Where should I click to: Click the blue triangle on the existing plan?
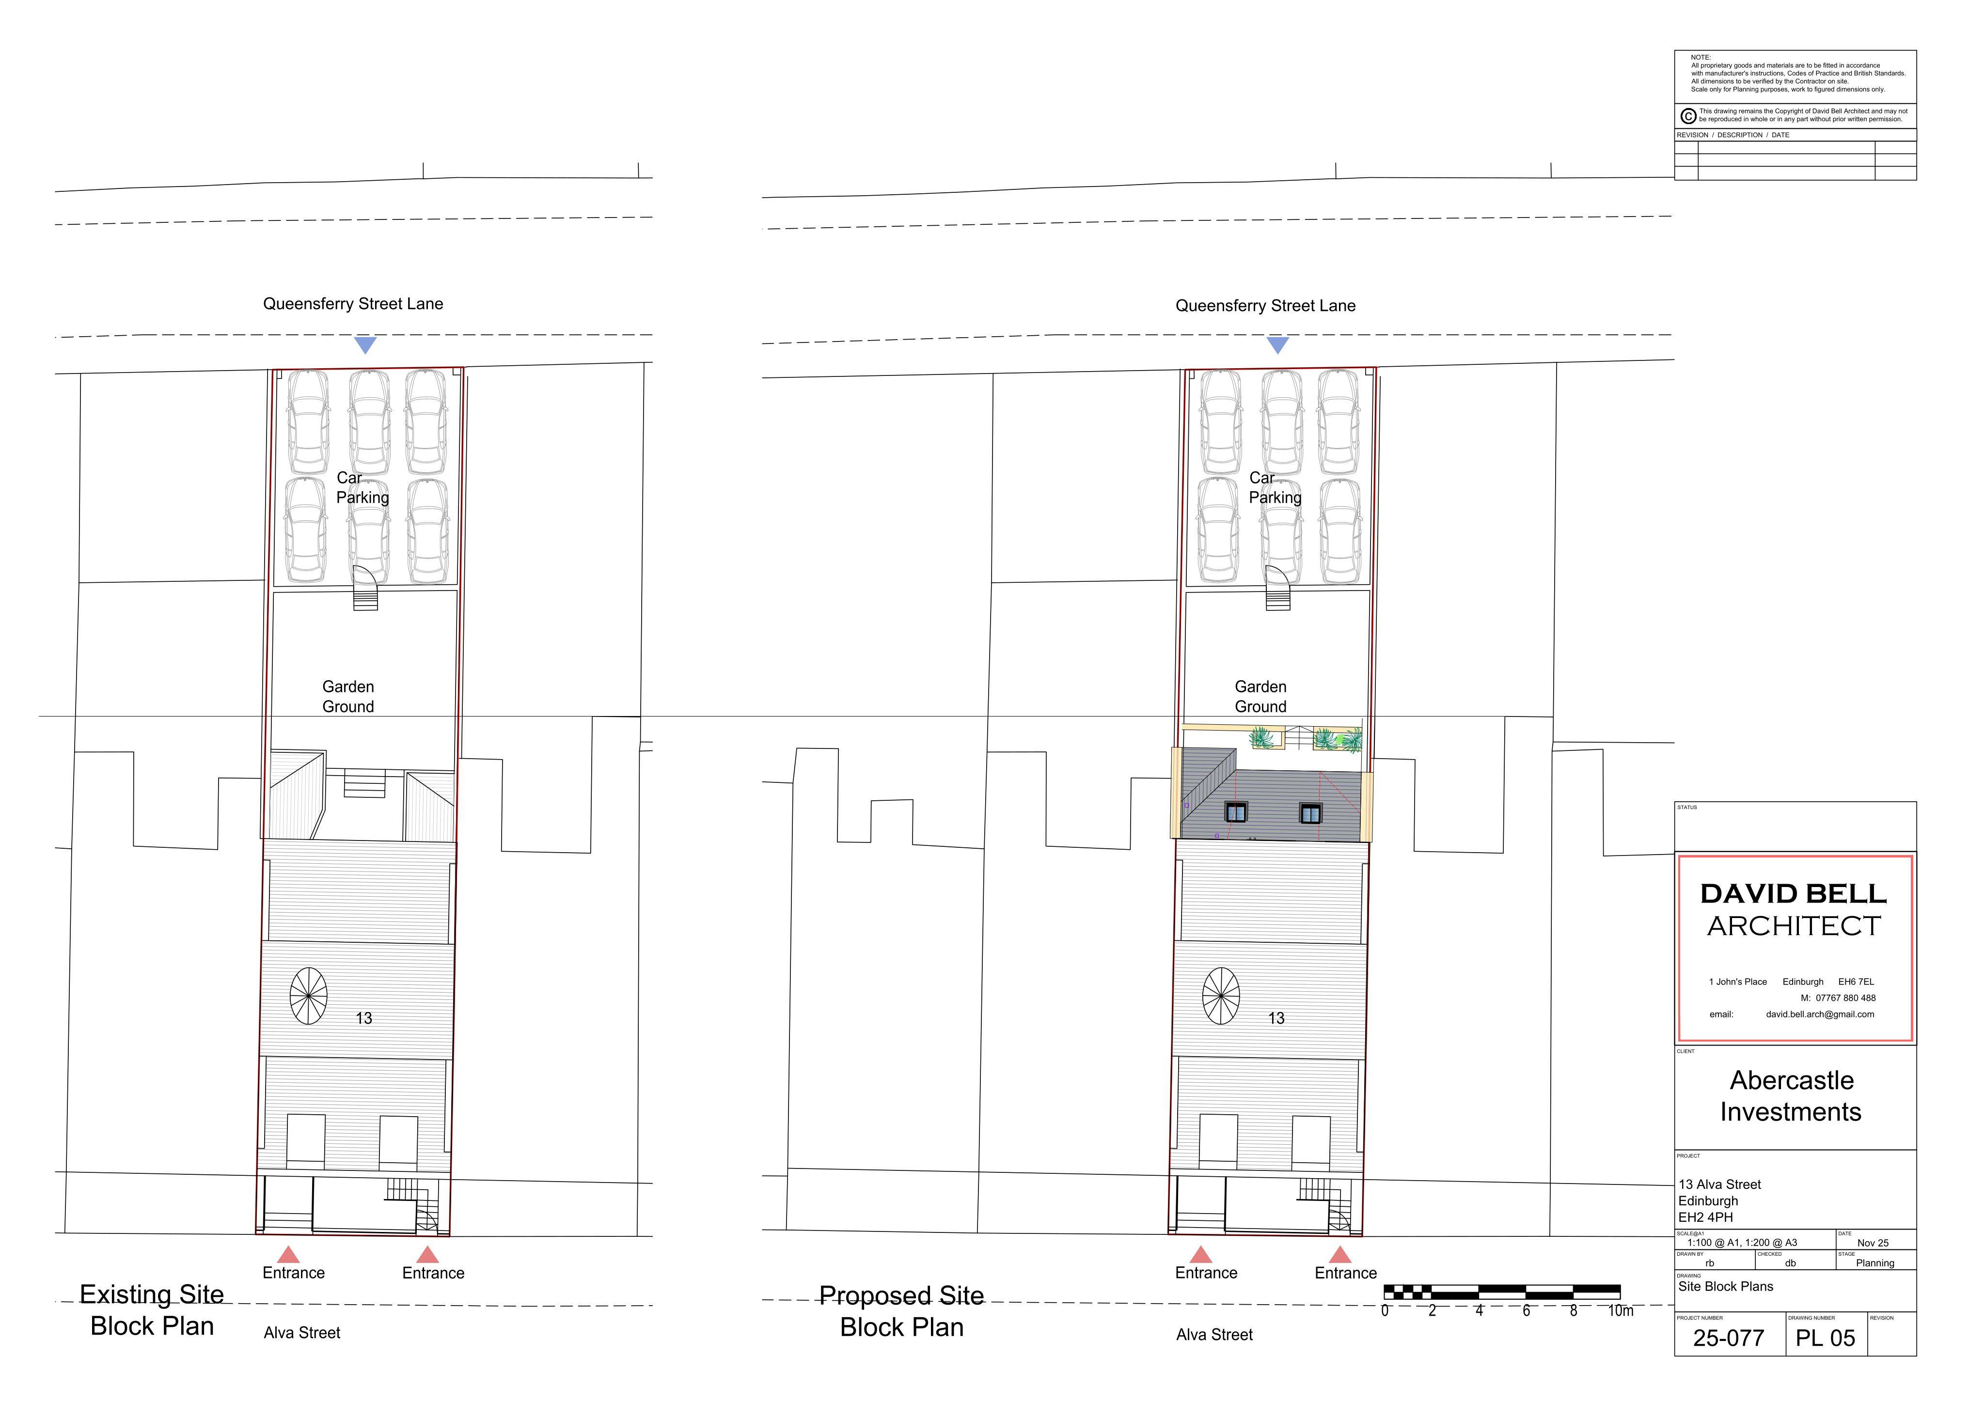click(366, 344)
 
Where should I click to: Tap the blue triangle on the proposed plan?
click(1278, 344)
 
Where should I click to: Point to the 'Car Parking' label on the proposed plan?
click(1275, 487)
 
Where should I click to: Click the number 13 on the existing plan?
click(364, 1018)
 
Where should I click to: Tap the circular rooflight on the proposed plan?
click(1221, 996)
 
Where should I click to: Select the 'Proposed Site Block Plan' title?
click(902, 1311)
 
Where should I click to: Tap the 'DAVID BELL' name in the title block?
click(1793, 894)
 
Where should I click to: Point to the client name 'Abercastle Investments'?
click(1791, 1096)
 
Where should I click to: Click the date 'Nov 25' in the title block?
click(1873, 1243)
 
